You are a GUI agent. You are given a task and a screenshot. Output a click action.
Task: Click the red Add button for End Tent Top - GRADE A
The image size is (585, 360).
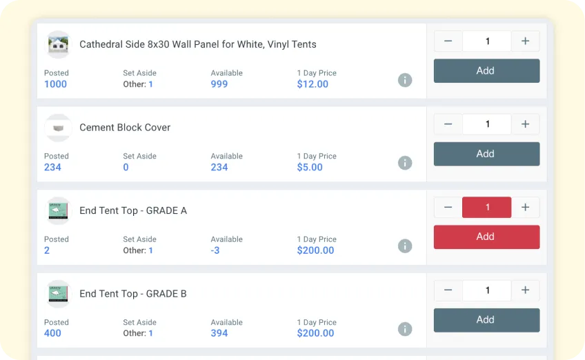pyautogui.click(x=486, y=237)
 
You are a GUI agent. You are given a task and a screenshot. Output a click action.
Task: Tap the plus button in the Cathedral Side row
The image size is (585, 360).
pyautogui.click(x=526, y=41)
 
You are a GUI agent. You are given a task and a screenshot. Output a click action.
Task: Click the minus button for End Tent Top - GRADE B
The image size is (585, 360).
pyautogui.click(x=448, y=290)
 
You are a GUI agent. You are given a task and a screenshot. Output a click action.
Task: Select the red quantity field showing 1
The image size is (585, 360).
pyautogui.click(x=487, y=208)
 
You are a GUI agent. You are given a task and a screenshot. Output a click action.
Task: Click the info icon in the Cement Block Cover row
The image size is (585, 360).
pyautogui.click(x=405, y=163)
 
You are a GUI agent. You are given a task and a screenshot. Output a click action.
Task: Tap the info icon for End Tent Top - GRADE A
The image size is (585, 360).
pyautogui.click(x=405, y=246)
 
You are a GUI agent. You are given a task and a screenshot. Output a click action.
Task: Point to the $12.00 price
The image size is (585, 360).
pyautogui.click(x=313, y=84)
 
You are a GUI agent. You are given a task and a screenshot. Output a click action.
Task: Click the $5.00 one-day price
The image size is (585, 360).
pyautogui.click(x=310, y=167)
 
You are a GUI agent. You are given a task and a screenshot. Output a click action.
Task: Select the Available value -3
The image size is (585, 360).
pyautogui.click(x=215, y=250)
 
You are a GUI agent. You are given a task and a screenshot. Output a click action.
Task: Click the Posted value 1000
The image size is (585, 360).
pyautogui.click(x=55, y=84)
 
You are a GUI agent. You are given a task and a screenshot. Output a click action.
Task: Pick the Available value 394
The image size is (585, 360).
pyautogui.click(x=219, y=333)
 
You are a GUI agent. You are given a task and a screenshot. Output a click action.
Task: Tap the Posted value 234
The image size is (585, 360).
pyautogui.click(x=52, y=167)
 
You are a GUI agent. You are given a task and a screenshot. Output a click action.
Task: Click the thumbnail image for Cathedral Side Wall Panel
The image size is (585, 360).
pyautogui.click(x=58, y=45)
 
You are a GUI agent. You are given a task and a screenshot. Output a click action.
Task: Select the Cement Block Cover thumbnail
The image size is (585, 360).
pyautogui.click(x=58, y=128)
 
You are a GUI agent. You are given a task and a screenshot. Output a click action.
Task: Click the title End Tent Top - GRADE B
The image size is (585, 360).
pyautogui.click(x=133, y=294)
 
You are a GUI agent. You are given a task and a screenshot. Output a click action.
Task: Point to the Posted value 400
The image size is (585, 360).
pyautogui.click(x=52, y=333)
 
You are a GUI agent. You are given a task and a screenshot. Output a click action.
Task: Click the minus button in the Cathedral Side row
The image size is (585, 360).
pyautogui.click(x=448, y=41)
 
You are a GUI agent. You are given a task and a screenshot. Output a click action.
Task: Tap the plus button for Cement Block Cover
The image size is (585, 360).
pyautogui.click(x=526, y=124)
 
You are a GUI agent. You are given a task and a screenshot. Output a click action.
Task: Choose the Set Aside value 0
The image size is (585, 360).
pyautogui.click(x=126, y=167)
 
